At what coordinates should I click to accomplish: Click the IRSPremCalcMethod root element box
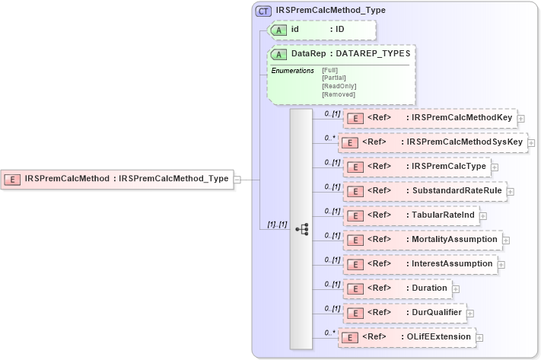click(117, 179)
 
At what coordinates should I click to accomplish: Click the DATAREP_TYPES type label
click(372, 54)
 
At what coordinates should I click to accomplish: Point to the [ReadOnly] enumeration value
click(339, 85)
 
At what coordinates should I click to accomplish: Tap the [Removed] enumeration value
click(339, 94)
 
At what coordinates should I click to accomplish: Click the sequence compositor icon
click(301, 228)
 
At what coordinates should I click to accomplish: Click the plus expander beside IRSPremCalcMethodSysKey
click(530, 142)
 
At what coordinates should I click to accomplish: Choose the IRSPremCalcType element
click(417, 167)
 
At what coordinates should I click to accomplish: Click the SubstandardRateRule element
click(425, 191)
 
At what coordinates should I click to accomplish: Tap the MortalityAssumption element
click(422, 240)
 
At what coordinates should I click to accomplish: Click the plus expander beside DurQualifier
click(469, 313)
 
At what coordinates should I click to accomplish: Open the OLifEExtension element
click(407, 336)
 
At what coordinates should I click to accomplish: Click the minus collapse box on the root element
click(237, 180)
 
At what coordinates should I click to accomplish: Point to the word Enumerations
click(293, 71)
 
